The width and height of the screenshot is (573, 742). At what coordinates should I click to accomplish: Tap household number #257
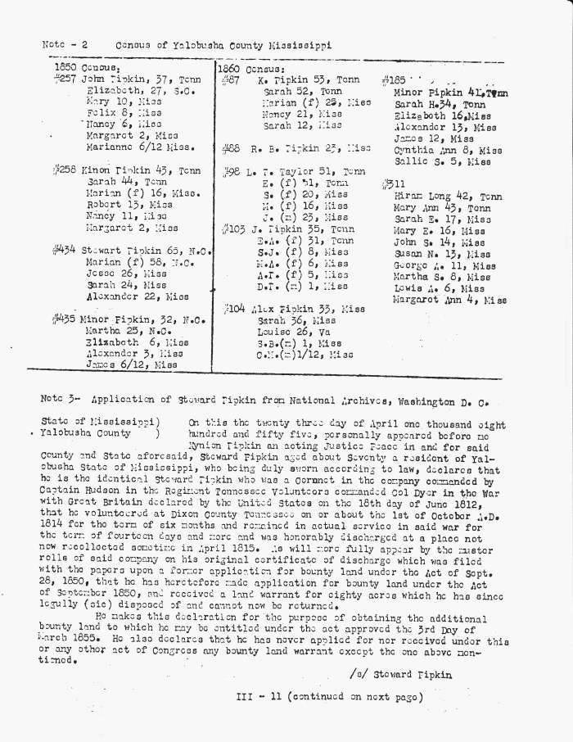pyautogui.click(x=63, y=79)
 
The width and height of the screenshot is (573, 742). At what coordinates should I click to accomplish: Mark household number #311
pyautogui.click(x=394, y=185)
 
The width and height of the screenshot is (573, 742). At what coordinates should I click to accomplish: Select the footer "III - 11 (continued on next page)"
pyautogui.click(x=329, y=698)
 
